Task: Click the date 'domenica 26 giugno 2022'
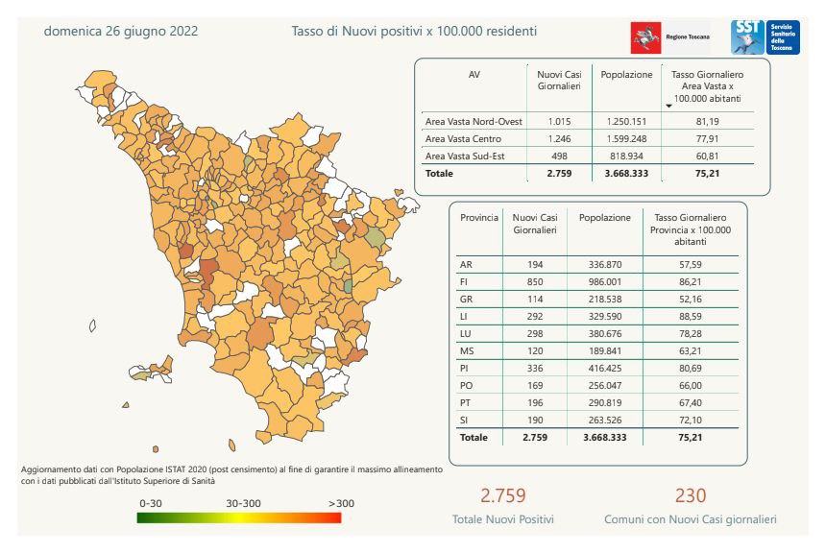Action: [121, 31]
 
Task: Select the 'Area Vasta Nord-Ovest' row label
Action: [474, 122]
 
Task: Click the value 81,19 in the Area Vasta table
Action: [707, 122]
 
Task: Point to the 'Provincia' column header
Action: [479, 218]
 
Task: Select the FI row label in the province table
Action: [466, 281]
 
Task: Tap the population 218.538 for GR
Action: [604, 299]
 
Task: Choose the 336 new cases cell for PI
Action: [535, 368]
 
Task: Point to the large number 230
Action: [690, 495]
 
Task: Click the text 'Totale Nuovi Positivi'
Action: [503, 519]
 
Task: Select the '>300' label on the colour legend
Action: [341, 503]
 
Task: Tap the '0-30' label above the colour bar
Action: [151, 503]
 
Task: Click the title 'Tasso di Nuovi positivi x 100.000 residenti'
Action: [414, 31]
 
